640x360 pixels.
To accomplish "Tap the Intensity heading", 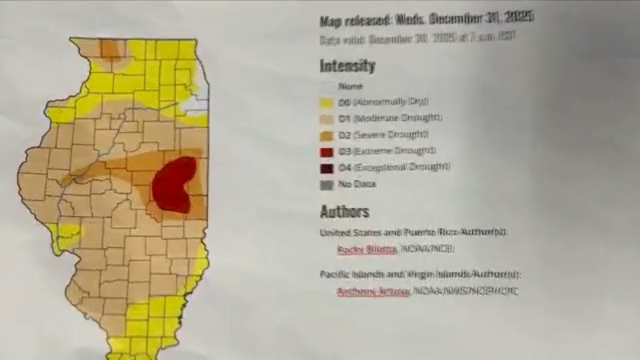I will tap(347, 66).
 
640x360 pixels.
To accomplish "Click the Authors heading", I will tap(344, 212).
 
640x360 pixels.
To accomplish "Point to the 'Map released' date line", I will tap(426, 18).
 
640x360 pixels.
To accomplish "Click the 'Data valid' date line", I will tap(416, 38).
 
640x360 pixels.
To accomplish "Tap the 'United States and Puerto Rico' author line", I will tap(414, 233).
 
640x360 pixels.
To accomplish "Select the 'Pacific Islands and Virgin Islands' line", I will tap(420, 274).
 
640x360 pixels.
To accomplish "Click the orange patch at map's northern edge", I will tap(110, 50).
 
